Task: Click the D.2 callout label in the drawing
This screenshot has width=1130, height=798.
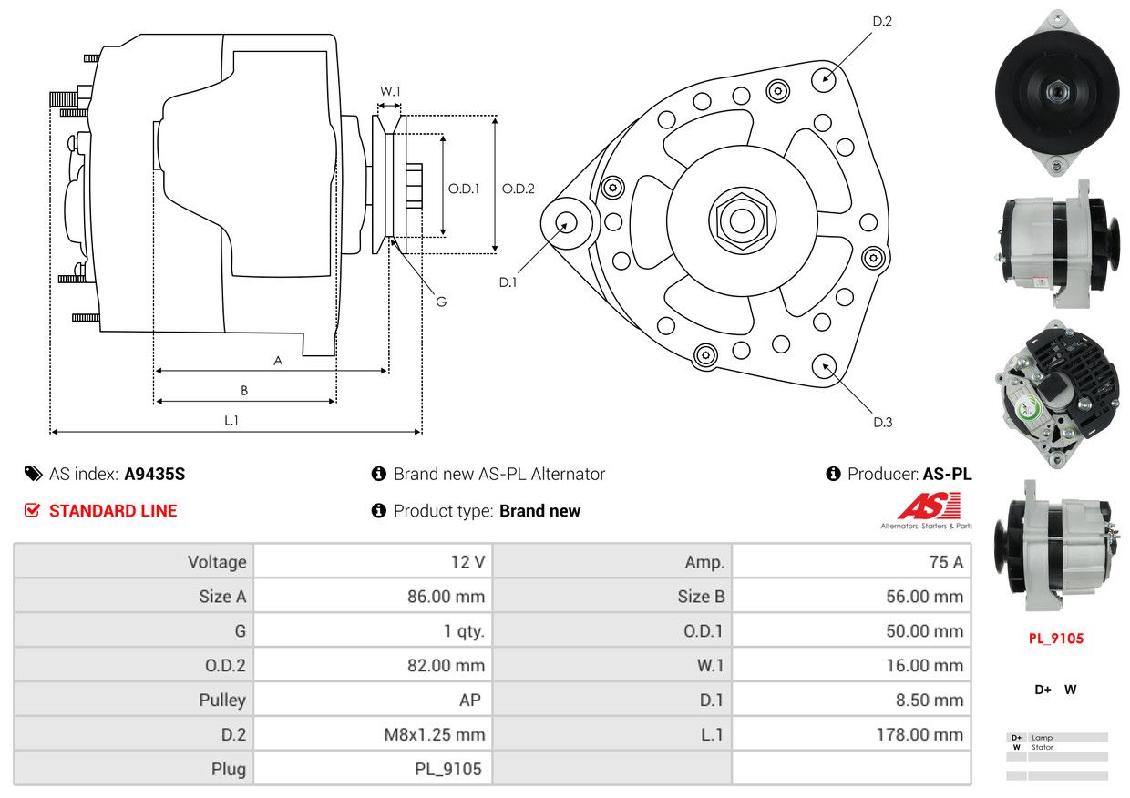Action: (x=881, y=21)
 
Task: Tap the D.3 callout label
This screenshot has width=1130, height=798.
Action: (x=882, y=422)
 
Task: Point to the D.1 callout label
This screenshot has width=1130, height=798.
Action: (x=508, y=282)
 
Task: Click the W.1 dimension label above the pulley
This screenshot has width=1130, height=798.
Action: (x=390, y=91)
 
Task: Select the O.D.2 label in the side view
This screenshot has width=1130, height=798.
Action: (x=518, y=189)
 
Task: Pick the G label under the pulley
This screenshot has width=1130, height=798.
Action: (x=441, y=302)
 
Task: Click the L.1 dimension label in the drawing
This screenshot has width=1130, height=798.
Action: (x=231, y=420)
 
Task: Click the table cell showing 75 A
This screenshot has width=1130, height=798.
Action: (x=851, y=562)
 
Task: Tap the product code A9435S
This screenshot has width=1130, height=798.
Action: (x=155, y=474)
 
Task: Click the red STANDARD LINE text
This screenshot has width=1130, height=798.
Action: (x=113, y=511)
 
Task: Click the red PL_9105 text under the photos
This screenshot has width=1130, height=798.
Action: (x=1056, y=639)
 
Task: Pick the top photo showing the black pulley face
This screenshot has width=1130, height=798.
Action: (x=1056, y=91)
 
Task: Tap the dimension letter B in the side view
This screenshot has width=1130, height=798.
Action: (x=244, y=390)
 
